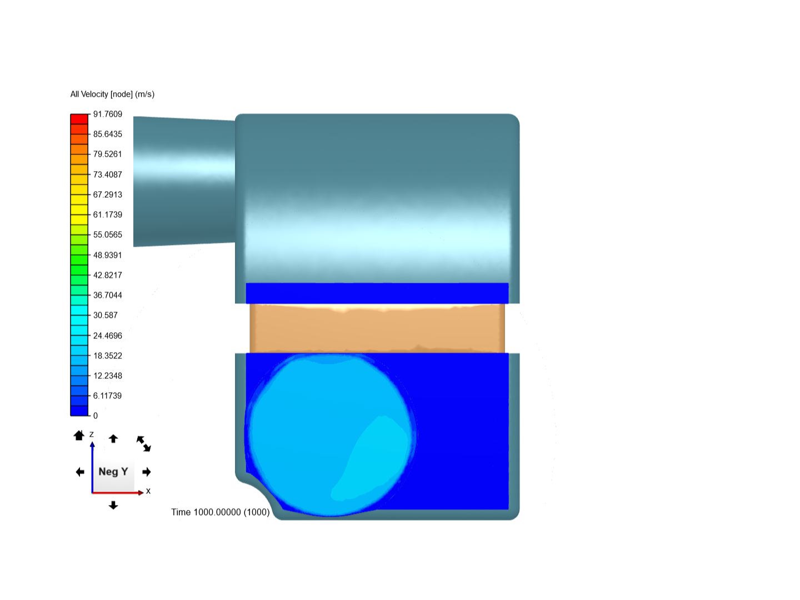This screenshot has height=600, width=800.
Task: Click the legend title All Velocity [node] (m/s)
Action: tap(112, 94)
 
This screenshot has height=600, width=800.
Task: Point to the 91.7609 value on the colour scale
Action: tap(108, 114)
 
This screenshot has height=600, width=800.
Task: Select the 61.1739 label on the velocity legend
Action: tap(108, 214)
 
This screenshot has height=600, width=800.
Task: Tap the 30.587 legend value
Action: tap(106, 315)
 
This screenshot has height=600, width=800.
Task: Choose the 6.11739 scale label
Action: tap(108, 396)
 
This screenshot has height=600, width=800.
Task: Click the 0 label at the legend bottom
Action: tap(96, 416)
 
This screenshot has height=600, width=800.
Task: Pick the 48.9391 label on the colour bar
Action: tap(108, 255)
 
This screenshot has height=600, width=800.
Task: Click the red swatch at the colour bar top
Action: tap(79, 119)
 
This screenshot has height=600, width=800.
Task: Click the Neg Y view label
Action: tap(113, 472)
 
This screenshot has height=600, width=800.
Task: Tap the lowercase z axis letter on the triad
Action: tap(92, 434)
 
